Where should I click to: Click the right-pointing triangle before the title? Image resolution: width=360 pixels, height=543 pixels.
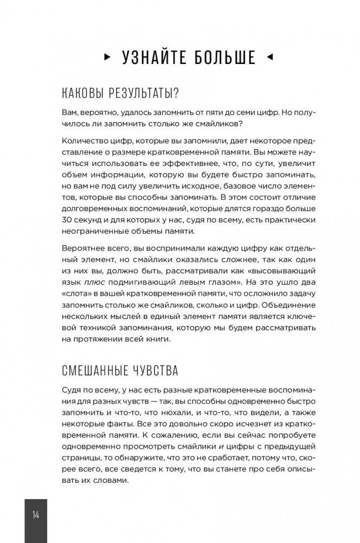pyautogui.click(x=106, y=56)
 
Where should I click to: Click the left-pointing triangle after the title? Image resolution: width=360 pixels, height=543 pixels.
pyautogui.click(x=270, y=56)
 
